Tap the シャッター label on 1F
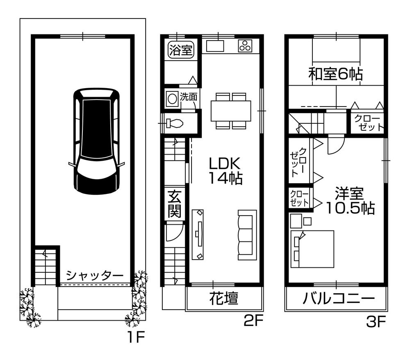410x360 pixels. [x=94, y=275]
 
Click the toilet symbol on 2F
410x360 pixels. [x=174, y=123]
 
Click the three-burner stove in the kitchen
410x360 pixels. [x=246, y=46]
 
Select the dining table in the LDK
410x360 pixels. [x=231, y=111]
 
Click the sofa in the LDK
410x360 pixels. [x=247, y=235]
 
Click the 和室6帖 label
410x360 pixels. [x=335, y=74]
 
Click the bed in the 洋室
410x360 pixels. [x=312, y=248]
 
